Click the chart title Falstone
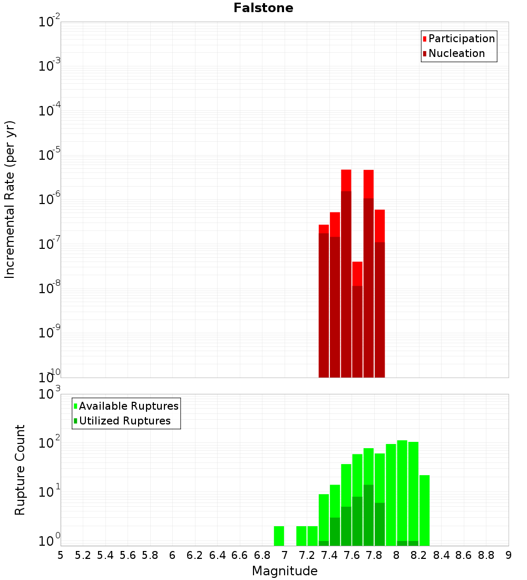click(263, 8)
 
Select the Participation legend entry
click(462, 38)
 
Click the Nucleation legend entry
click(456, 53)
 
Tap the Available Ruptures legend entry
click(129, 406)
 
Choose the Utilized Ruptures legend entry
click(124, 421)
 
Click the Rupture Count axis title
click(20, 469)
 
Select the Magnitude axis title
click(285, 571)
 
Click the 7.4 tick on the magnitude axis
click(329, 555)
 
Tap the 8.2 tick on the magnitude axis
click(419, 555)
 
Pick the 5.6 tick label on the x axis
click(128, 555)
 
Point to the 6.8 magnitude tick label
click(262, 555)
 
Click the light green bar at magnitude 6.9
click(279, 536)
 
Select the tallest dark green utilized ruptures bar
click(369, 515)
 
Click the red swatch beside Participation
click(424, 39)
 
